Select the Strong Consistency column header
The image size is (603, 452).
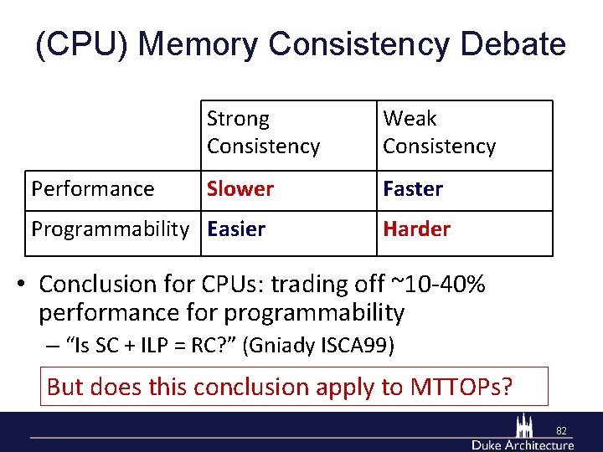coord(263,132)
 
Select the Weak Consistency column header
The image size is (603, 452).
coord(439,132)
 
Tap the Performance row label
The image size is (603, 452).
coord(92,189)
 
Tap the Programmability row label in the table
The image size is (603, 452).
coord(110,229)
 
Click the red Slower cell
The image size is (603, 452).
coord(240,189)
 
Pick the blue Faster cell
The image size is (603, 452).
coord(412,189)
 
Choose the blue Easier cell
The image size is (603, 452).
coord(236,229)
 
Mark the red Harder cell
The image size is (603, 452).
coord(416,229)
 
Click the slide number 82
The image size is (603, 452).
coord(561,431)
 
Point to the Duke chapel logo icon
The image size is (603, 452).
coord(525,425)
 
